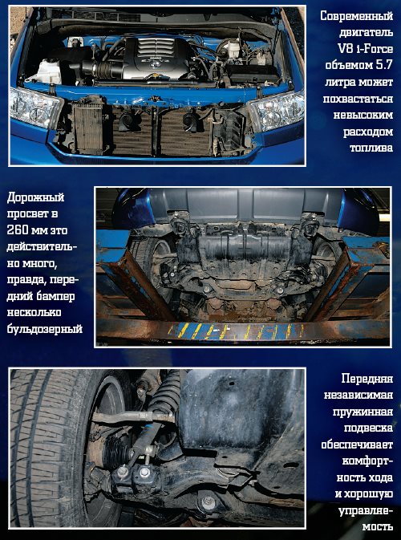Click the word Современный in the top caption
pyautogui.click(x=356, y=16)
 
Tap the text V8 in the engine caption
pyautogui.click(x=346, y=49)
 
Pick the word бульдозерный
pyautogui.click(x=45, y=329)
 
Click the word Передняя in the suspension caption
pyautogui.click(x=367, y=379)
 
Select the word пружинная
pyautogui.click(x=363, y=412)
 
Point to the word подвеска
pyautogui.click(x=369, y=428)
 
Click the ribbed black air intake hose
pyautogui.click(x=107, y=69)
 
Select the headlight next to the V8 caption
pyautogui.click(x=276, y=110)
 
